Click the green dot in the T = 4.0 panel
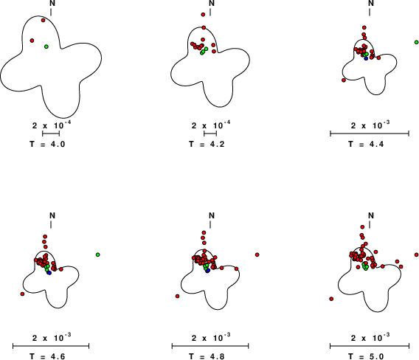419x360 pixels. tap(46, 46)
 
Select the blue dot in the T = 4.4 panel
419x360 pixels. tap(366, 58)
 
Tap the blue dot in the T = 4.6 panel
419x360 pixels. tap(49, 273)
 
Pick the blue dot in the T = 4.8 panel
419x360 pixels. tap(207, 271)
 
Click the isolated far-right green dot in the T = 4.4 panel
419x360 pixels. tap(416, 42)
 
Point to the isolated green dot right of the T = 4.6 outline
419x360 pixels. tap(98, 255)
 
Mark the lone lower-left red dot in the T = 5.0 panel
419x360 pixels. tap(331, 299)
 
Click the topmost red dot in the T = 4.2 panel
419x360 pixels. tap(203, 15)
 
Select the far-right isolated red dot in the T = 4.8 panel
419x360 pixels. tap(257, 255)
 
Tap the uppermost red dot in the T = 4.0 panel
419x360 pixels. tap(43, 20)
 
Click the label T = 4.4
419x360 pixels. tap(366, 144)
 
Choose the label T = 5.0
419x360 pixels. tap(366, 356)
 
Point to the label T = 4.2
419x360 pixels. tap(207, 144)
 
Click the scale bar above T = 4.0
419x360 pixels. tap(51, 133)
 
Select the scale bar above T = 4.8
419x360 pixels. tap(210, 346)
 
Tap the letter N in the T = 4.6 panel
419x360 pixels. tap(52, 215)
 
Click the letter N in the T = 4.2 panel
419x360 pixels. tap(212, 3)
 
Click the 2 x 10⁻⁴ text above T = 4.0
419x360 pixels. tap(52, 125)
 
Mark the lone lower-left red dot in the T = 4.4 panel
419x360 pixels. tap(344, 80)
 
